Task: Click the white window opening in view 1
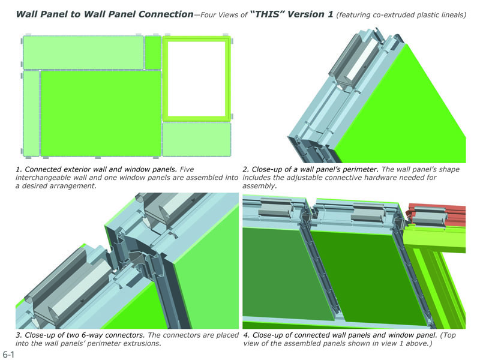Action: coord(197,79)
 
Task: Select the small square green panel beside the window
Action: coord(153,52)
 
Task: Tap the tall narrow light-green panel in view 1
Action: coord(31,113)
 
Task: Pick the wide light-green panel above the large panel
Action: coord(83,52)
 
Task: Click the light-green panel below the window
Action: coord(197,139)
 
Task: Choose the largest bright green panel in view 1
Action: coord(101,113)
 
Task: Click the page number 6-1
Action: coord(8,355)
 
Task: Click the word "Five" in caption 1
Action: coord(187,169)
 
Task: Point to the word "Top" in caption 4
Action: coord(448,335)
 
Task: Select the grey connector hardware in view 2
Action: coord(353,59)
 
